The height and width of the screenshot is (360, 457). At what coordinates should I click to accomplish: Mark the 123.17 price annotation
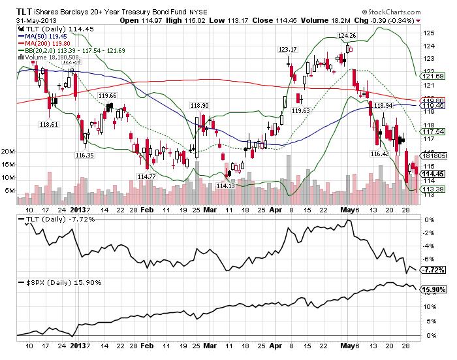pyautogui.click(x=288, y=49)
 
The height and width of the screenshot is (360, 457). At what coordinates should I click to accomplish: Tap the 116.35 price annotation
pyautogui.click(x=85, y=155)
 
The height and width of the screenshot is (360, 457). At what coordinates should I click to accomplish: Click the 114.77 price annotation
pyautogui.click(x=147, y=176)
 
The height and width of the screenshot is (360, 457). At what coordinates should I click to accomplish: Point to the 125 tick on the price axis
pyautogui.click(x=429, y=32)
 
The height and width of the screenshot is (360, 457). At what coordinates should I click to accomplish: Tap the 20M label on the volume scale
pyautogui.click(x=8, y=151)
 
